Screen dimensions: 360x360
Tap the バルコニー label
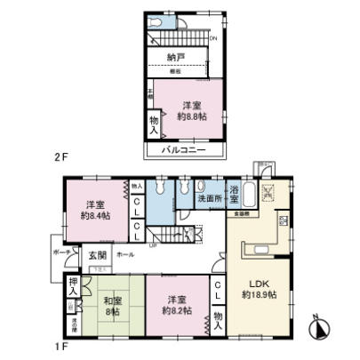tap(184, 150)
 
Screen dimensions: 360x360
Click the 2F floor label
tap(60, 157)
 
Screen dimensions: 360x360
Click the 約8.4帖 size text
tap(95, 214)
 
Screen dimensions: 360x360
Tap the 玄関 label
tap(97, 254)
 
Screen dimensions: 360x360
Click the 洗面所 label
tap(210, 200)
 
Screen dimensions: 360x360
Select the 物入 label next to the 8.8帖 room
tap(152, 124)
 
